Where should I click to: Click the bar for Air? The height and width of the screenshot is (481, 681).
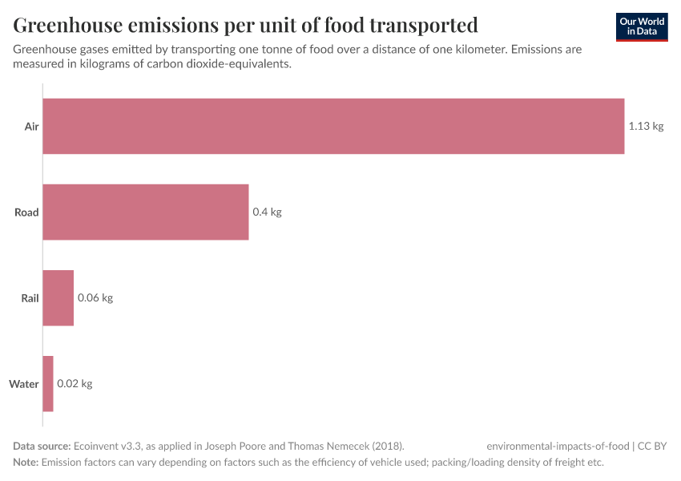(333, 126)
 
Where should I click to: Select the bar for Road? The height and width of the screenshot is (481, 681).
(145, 212)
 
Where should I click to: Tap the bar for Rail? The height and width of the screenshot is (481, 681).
(58, 298)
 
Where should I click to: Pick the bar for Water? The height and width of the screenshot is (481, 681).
(48, 384)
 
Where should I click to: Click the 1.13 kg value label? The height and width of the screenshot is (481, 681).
(646, 127)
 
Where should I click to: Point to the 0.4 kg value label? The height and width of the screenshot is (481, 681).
(267, 212)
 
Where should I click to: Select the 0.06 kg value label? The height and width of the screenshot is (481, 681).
(95, 298)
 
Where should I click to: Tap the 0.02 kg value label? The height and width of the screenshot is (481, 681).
(75, 384)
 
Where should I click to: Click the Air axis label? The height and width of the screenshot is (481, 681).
(31, 127)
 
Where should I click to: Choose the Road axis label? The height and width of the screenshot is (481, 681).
(26, 212)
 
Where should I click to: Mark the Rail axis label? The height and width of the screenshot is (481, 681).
(30, 298)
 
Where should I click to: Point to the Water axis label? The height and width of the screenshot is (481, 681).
(24, 384)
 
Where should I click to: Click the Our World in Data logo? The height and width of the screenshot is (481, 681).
(641, 27)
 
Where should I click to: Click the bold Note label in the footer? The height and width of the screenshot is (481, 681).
(26, 463)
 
